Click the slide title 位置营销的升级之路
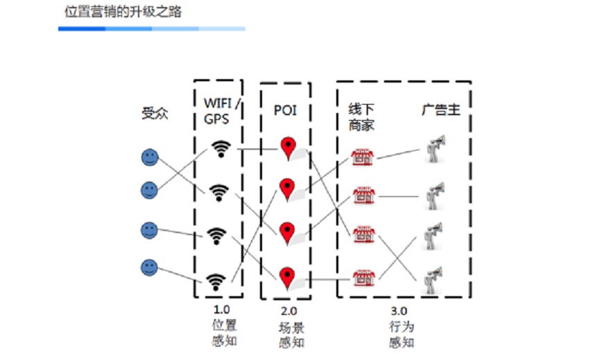[x=123, y=11]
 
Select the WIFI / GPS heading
[x=221, y=110]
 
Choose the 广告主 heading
[x=440, y=110]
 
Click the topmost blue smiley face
[x=150, y=157]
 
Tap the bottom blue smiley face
[x=150, y=266]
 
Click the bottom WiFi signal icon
[x=216, y=281]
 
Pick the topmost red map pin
[x=288, y=148]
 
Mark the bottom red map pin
[x=288, y=278]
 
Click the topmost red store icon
[x=362, y=157]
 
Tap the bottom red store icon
[x=362, y=278]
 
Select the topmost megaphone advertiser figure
[x=434, y=148]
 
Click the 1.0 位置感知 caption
[x=223, y=324]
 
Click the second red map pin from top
[x=288, y=189]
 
